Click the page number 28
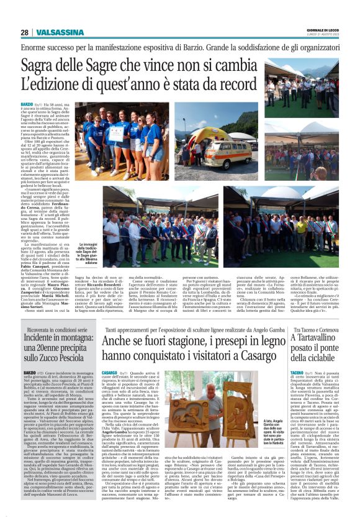(x=24, y=32)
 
